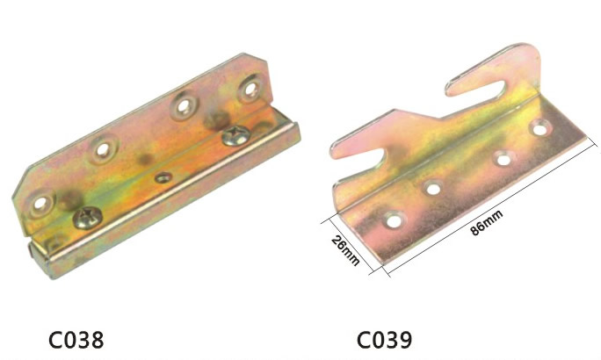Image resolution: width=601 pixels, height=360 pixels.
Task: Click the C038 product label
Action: pos(76,339)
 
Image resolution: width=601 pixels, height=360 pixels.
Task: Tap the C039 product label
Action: pos(385,339)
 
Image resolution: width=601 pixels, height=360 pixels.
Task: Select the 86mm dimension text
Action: pos(486,222)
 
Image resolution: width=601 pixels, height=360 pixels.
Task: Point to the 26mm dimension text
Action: pos(345,250)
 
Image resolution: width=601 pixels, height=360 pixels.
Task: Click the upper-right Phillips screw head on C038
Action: pos(236,135)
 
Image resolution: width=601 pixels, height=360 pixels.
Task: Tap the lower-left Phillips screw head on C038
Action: pos(87,217)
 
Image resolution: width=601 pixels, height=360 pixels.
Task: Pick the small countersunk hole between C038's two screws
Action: pos(163,177)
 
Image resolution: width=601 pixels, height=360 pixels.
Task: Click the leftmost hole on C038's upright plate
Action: pos(40,203)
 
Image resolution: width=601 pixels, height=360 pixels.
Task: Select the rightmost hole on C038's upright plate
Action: pos(251,90)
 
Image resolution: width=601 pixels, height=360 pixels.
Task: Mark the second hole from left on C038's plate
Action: pos(103,150)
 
